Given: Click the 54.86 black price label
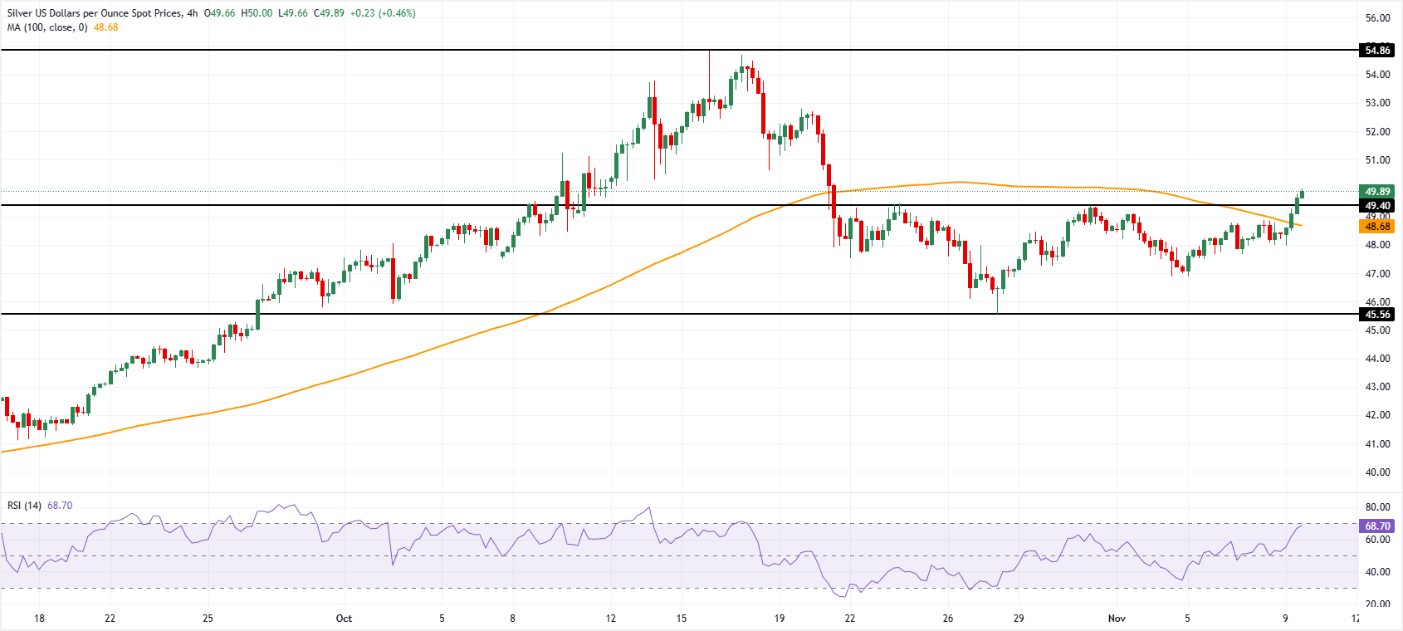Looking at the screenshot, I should click(x=1377, y=51).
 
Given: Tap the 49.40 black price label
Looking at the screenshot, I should click(x=1377, y=206).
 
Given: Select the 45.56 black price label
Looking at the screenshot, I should click(x=1377, y=315).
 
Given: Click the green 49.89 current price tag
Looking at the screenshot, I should click(x=1377, y=192).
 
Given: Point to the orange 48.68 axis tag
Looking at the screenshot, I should click(x=1377, y=227).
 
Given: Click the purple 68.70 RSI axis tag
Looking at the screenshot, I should click(x=1377, y=526).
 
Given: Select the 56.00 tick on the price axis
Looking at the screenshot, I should click(x=1377, y=18).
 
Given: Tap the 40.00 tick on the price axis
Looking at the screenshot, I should click(x=1377, y=472).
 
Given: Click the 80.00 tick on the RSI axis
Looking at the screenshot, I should click(x=1377, y=507).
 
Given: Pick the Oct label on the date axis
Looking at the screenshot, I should click(x=344, y=619).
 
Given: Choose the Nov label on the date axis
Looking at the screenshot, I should click(x=1117, y=619).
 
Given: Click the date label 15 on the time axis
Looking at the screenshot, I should click(x=682, y=619).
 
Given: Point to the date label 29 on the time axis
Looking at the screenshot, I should click(x=1019, y=619).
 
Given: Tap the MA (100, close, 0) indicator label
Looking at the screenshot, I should click(x=47, y=27).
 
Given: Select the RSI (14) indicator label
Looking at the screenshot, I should click(x=24, y=506).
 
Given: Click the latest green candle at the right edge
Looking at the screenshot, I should click(x=1302, y=193).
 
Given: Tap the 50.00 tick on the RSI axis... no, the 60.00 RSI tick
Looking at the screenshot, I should click(x=1377, y=540).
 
